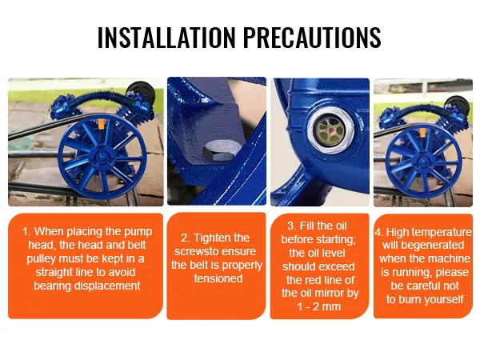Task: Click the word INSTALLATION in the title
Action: (166, 38)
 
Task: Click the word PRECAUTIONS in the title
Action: (312, 38)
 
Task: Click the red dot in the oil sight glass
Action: (331, 130)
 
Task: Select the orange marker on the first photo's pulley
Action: (101, 123)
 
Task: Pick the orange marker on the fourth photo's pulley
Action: (422, 133)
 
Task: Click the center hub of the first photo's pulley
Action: (102, 158)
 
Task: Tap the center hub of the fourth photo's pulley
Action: (423, 162)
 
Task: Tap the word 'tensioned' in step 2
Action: (218, 278)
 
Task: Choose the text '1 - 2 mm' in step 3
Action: (319, 306)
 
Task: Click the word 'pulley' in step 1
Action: (42, 259)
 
